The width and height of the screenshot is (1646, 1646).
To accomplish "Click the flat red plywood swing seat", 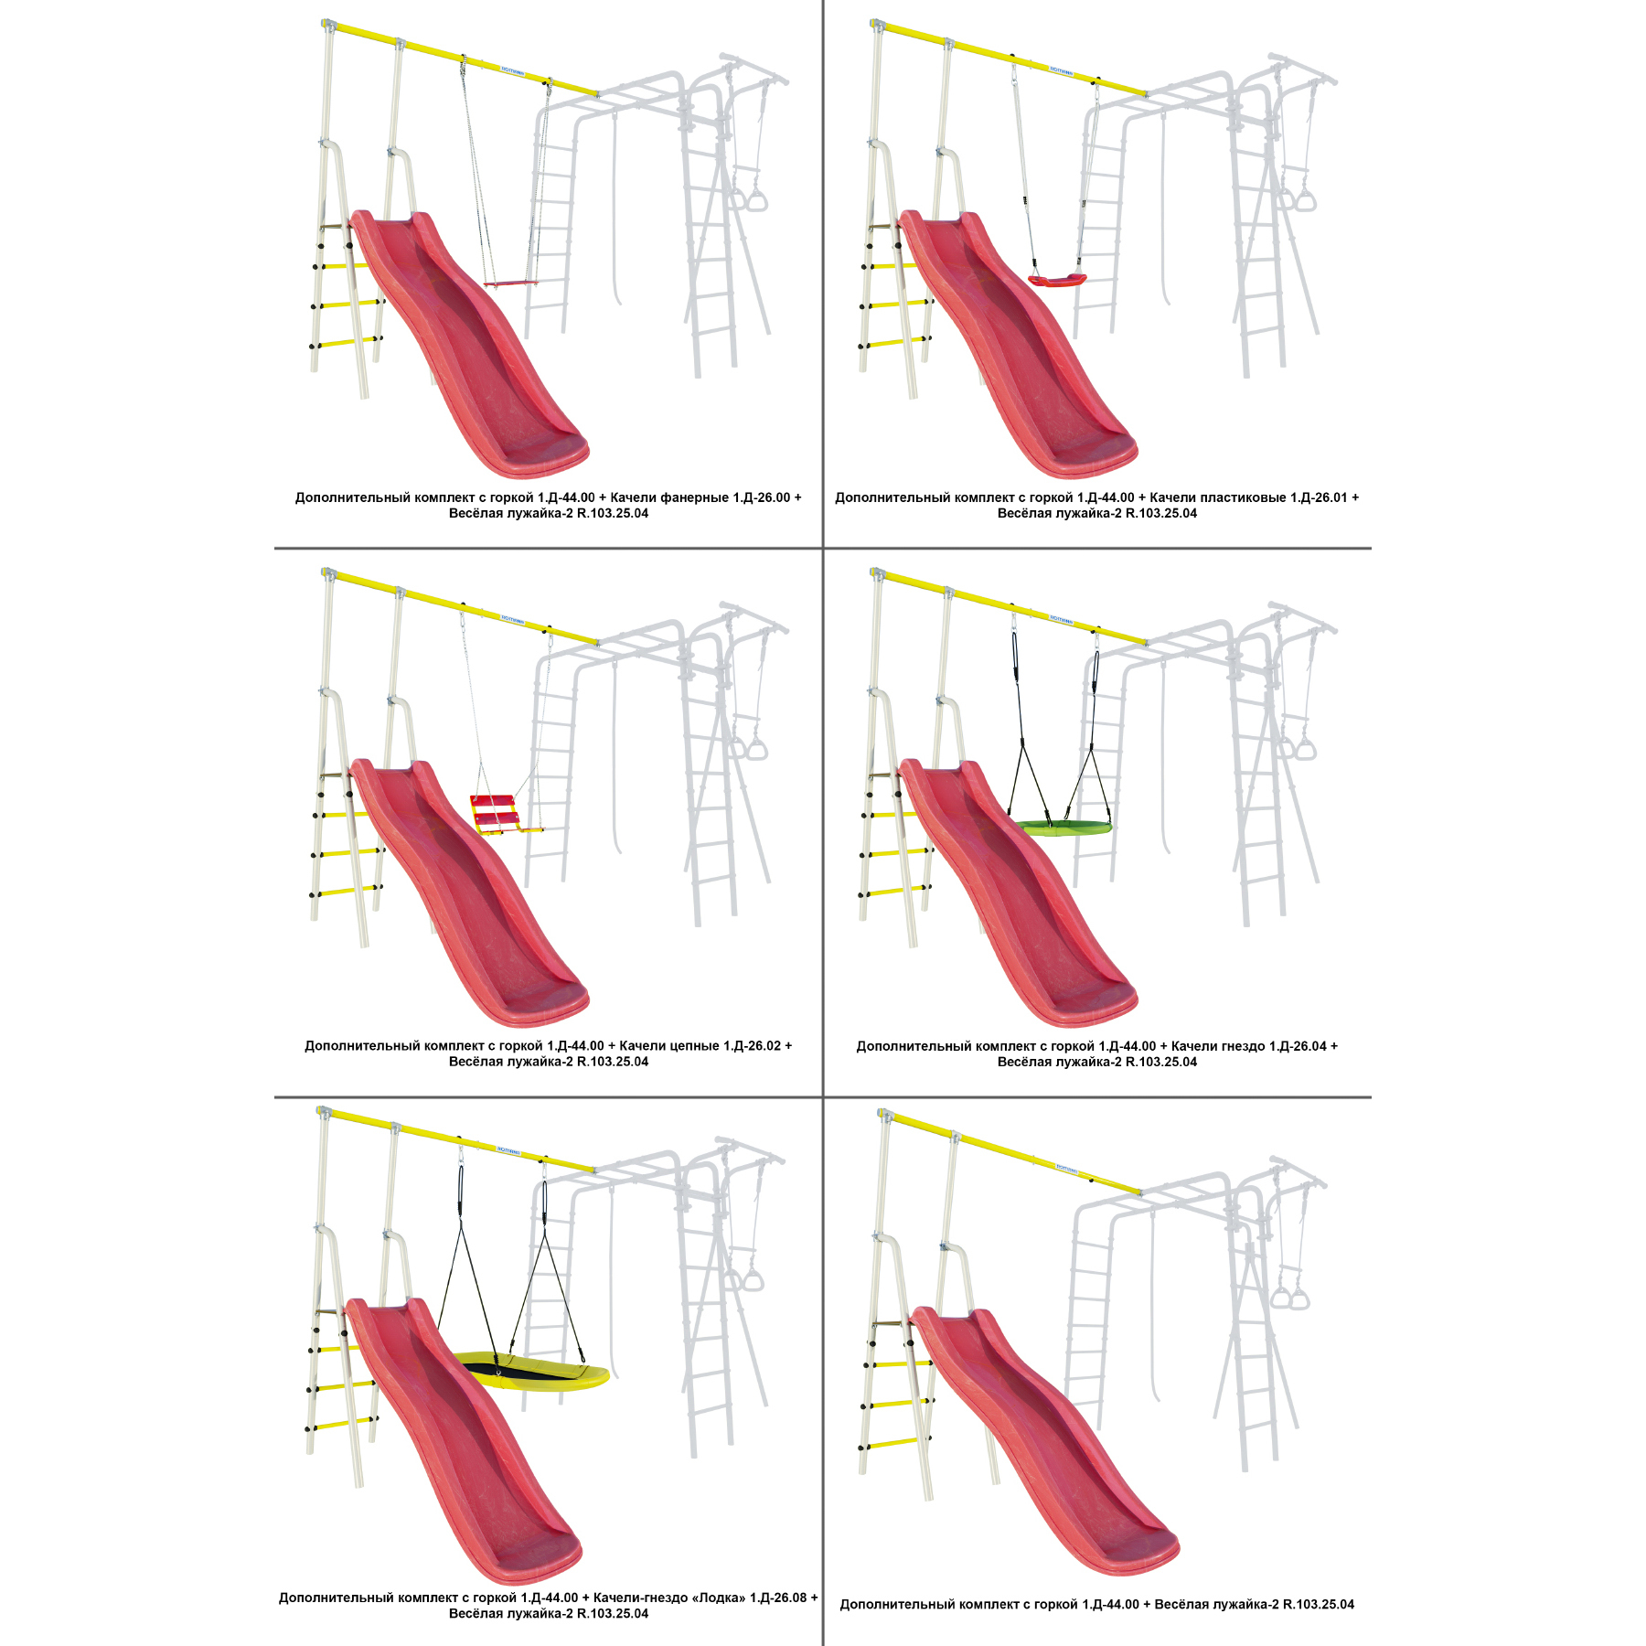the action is (511, 284).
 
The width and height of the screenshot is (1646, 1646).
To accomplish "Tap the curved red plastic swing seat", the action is (1057, 281).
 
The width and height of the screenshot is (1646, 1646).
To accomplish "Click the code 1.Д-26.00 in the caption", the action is (762, 497).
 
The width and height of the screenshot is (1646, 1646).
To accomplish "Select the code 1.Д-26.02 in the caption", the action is (753, 1045).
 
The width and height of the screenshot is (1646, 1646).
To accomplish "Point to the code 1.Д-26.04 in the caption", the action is (1298, 1045).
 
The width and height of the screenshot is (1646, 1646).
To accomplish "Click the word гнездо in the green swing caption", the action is (1240, 1046).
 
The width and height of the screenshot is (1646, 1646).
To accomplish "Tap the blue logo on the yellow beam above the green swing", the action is (1061, 619).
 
